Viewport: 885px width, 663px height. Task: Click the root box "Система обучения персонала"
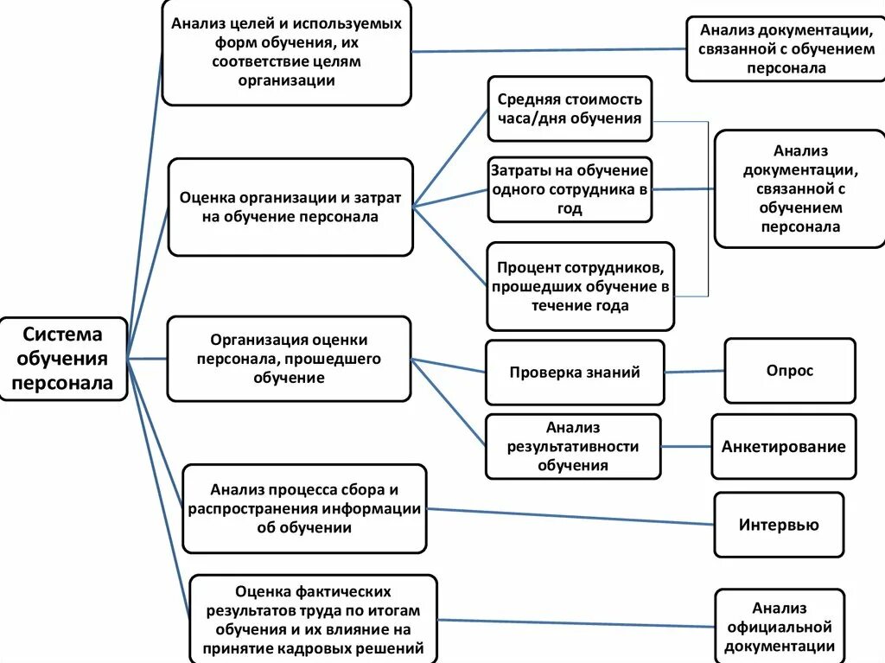(63, 359)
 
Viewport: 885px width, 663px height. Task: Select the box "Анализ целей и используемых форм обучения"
(286, 52)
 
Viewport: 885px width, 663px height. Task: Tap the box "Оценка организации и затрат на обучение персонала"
(290, 207)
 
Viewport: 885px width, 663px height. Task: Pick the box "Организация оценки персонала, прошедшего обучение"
(289, 359)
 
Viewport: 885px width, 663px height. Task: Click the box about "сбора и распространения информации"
(304, 508)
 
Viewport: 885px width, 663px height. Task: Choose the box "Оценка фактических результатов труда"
(313, 619)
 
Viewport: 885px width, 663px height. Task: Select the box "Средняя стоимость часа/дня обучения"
(570, 108)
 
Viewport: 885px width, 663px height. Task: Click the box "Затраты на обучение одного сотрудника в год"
(570, 189)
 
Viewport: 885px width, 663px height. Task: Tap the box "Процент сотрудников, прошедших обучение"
(580, 286)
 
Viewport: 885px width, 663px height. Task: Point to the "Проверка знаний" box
(575, 373)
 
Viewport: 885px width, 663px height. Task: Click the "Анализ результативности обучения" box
(573, 446)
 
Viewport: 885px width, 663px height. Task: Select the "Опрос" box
(790, 371)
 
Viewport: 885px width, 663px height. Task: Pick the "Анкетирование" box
(783, 446)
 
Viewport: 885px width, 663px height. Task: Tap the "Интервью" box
(779, 525)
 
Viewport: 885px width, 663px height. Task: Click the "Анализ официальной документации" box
(780, 627)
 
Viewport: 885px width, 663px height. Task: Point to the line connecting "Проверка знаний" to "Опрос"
(694, 372)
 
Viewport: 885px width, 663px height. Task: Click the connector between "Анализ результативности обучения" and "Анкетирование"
(685, 446)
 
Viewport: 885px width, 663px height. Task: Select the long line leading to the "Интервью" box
(570, 517)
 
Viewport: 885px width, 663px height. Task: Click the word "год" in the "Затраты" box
(570, 208)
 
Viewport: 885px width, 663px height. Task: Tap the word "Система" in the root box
(62, 334)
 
